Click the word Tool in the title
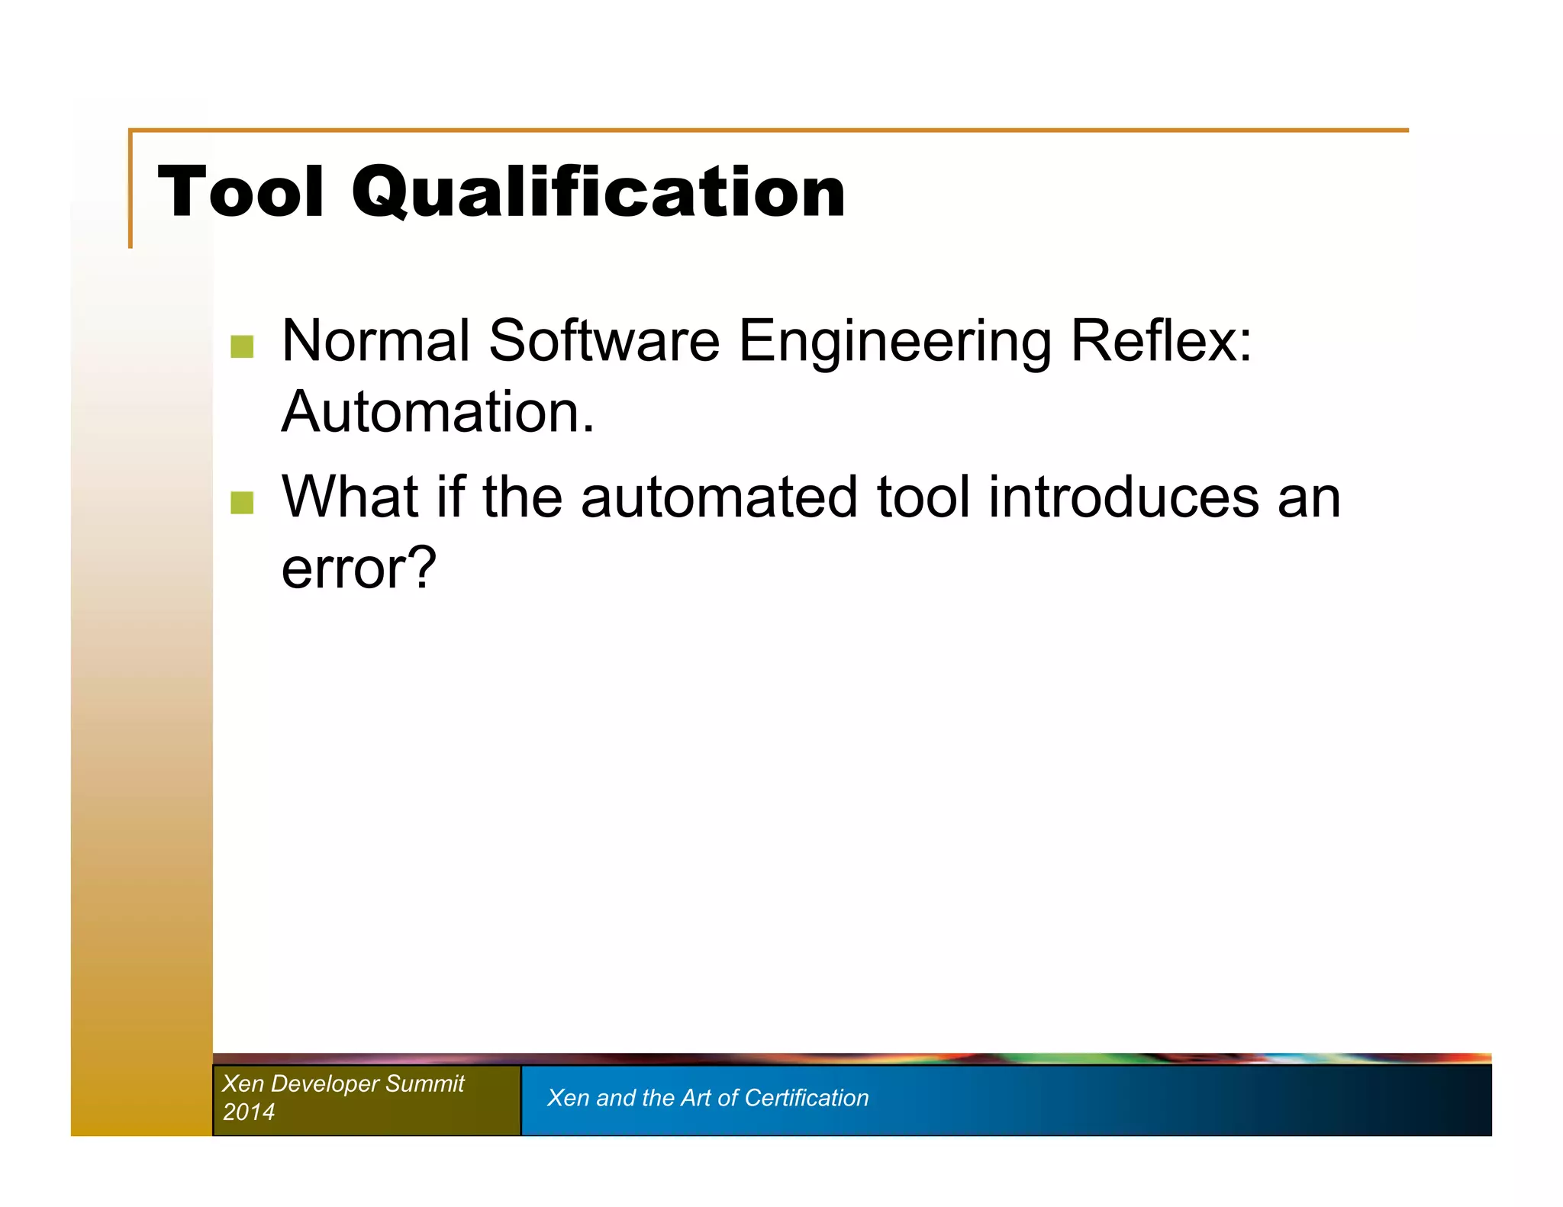click(240, 192)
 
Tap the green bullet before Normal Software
click(242, 346)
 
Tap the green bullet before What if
click(242, 502)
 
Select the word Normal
click(375, 340)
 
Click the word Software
click(604, 340)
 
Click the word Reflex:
click(1160, 340)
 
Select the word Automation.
click(437, 412)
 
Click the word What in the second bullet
click(350, 497)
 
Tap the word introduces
click(1123, 497)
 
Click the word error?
click(359, 568)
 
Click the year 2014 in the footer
click(248, 1112)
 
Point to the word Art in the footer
click(695, 1098)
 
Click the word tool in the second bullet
click(923, 497)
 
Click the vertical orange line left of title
click(131, 191)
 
